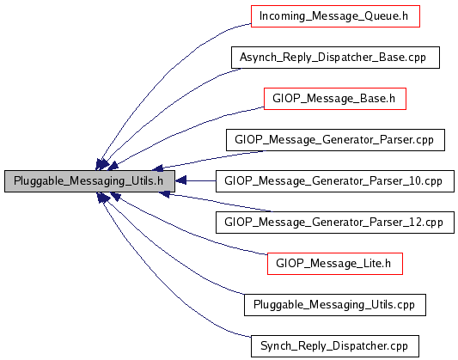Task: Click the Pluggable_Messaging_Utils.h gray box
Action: (x=89, y=181)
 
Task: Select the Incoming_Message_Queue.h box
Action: (x=335, y=16)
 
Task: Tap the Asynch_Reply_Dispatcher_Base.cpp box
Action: (x=335, y=58)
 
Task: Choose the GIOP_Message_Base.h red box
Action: (x=335, y=99)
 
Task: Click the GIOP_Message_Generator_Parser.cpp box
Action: (x=335, y=140)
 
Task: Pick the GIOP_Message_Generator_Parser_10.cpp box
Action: (x=335, y=181)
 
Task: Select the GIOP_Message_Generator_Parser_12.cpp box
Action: (x=335, y=223)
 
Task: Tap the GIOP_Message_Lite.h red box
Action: (x=335, y=264)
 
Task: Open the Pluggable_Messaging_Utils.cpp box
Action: (x=335, y=305)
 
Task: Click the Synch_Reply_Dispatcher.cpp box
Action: (x=335, y=346)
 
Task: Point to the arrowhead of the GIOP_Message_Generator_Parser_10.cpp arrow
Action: (x=180, y=181)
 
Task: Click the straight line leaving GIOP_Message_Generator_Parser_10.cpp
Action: (x=201, y=181)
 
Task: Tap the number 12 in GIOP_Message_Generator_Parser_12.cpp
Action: (x=415, y=223)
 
